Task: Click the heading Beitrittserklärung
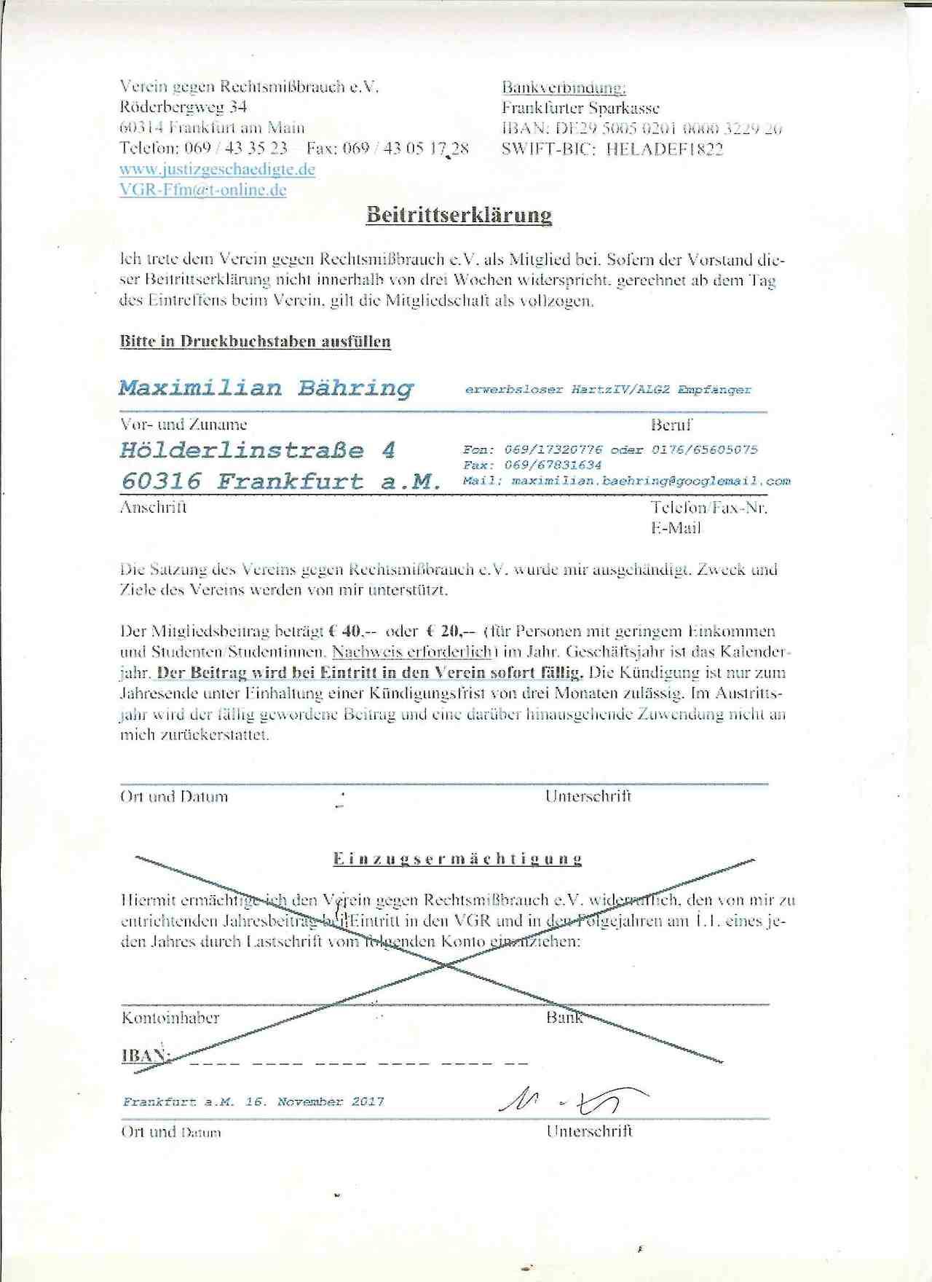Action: [459, 216]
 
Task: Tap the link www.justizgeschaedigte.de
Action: [217, 170]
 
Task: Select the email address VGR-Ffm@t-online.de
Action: [203, 191]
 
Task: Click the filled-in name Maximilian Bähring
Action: [266, 388]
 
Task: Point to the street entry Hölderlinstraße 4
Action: [258, 450]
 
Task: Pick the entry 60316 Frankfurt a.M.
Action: [281, 481]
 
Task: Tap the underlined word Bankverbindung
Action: [564, 88]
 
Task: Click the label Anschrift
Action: [153, 508]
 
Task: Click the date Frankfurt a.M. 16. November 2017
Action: [253, 1102]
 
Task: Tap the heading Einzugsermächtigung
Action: [458, 859]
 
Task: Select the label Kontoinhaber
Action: [170, 1018]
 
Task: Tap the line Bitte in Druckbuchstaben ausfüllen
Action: [256, 342]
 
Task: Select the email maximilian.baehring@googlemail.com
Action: [651, 481]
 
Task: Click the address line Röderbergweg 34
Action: [183, 107]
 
